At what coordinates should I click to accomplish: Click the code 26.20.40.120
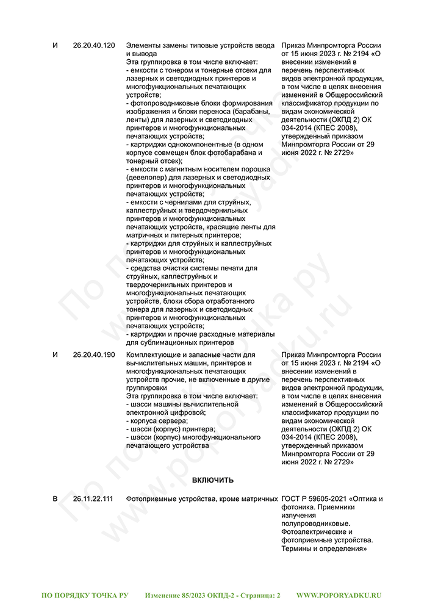(x=93, y=46)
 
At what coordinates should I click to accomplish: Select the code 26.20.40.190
(x=93, y=354)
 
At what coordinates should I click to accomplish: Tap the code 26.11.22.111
(x=93, y=499)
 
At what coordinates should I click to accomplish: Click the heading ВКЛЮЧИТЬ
(x=213, y=480)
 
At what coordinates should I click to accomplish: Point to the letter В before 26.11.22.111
(x=55, y=499)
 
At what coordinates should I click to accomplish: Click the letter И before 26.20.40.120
(x=56, y=46)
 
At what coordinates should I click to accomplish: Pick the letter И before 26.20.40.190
(x=56, y=354)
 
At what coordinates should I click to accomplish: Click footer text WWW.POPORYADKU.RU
(x=339, y=594)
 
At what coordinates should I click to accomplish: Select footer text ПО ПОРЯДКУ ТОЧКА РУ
(x=85, y=594)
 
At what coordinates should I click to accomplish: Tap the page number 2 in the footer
(x=278, y=594)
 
